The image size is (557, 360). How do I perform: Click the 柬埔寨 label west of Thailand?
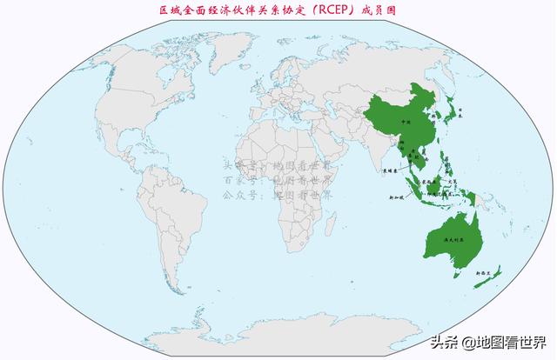(389, 172)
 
